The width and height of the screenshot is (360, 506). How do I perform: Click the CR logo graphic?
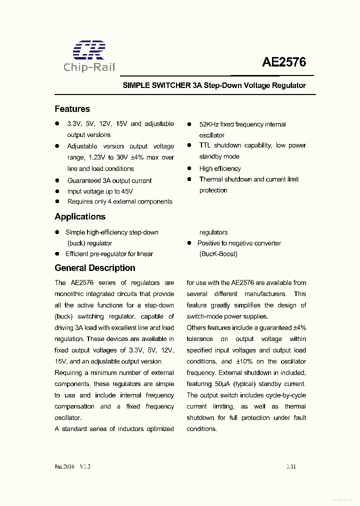point(89,50)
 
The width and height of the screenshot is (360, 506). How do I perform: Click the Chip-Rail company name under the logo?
point(89,68)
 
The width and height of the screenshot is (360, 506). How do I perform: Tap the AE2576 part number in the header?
point(284,63)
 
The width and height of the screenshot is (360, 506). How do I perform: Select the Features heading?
point(72,109)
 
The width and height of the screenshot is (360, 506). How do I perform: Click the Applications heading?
point(80,216)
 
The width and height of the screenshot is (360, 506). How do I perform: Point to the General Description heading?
point(95,268)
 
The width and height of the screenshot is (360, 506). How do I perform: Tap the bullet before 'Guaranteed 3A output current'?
point(57,180)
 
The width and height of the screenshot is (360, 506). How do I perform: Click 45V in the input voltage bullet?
point(127,191)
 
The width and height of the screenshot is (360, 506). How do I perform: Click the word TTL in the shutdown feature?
point(205,145)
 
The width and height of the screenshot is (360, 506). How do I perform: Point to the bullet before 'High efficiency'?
point(189,168)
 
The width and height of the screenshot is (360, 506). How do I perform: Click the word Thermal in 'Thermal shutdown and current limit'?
point(210,179)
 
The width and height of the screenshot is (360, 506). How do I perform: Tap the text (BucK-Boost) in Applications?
point(218,254)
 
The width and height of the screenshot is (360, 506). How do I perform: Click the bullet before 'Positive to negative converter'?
point(189,243)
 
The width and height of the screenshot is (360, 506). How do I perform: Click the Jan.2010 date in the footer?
point(64,466)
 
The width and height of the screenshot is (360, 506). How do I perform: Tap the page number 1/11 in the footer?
point(291,466)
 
